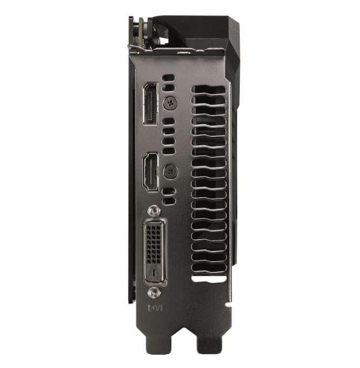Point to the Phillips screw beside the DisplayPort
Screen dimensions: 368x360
click(x=170, y=103)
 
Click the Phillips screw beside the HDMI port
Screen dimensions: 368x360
click(x=170, y=171)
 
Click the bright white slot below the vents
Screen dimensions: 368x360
click(x=209, y=278)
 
